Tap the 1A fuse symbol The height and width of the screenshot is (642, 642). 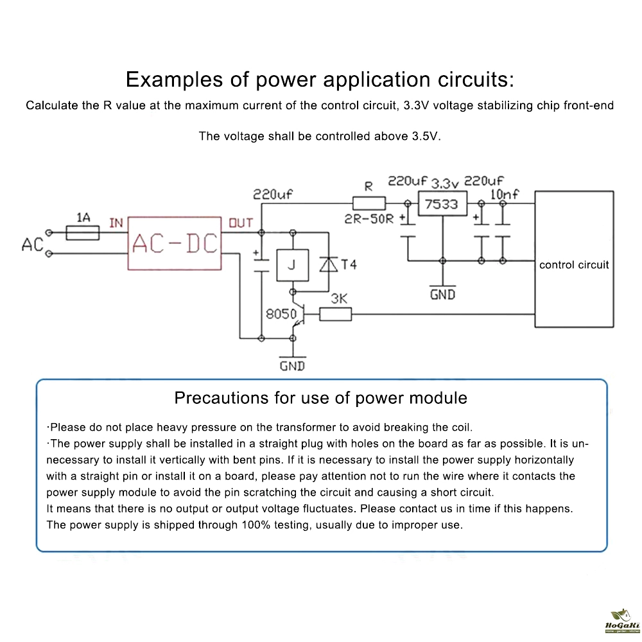click(x=83, y=232)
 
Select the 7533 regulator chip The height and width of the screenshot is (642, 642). click(x=441, y=204)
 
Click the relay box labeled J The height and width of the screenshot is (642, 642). click(x=291, y=265)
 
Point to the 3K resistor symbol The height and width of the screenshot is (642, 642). click(x=335, y=314)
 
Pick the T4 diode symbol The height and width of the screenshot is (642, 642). click(x=329, y=265)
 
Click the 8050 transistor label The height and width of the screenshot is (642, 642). click(x=281, y=314)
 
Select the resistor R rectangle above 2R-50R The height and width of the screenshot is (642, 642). click(x=369, y=204)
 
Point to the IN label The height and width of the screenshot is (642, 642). click(x=116, y=223)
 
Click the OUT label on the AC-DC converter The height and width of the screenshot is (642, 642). click(x=241, y=223)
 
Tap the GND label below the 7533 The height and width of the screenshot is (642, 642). click(x=442, y=294)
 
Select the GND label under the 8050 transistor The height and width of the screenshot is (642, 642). click(x=292, y=366)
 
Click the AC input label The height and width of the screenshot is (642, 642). click(x=32, y=245)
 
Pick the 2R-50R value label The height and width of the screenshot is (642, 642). click(x=369, y=218)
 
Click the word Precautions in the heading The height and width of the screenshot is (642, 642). click(x=222, y=398)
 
